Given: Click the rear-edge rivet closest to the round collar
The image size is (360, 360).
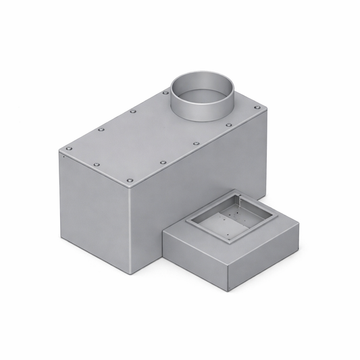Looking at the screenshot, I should (165, 93).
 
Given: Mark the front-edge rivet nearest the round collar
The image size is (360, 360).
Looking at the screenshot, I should (228, 125).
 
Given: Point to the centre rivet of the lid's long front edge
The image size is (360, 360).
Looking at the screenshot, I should (163, 162).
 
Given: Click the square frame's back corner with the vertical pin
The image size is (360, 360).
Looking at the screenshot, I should (238, 197).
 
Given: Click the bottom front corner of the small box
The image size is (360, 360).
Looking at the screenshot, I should (228, 291).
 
